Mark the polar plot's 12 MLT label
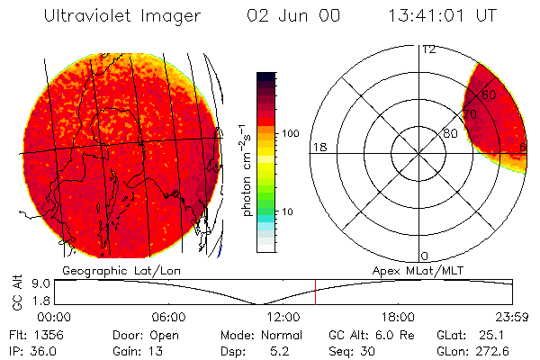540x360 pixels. pos(428,49)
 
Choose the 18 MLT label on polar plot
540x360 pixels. pos(319,147)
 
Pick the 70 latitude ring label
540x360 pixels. pos(470,114)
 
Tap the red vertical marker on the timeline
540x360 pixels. pos(316,292)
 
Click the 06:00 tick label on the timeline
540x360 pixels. pos(168,317)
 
